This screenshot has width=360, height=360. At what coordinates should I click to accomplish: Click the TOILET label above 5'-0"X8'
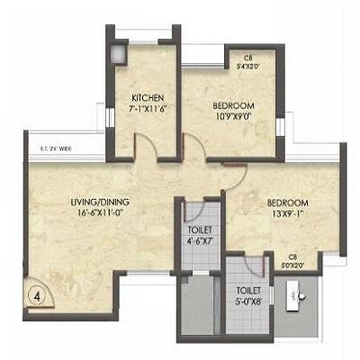[x=247, y=291]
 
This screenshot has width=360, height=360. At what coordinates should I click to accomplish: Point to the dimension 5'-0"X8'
[x=247, y=302]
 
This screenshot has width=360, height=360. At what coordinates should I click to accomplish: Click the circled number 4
[x=38, y=293]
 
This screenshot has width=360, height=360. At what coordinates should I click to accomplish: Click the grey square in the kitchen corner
[x=117, y=51]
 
